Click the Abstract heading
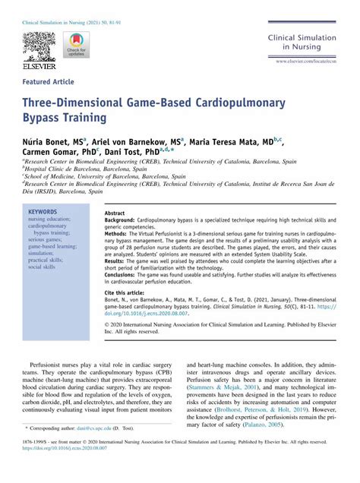[x=115, y=214]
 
